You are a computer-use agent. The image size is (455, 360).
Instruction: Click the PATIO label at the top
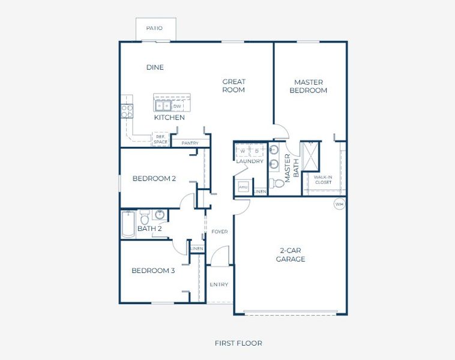coord(154,28)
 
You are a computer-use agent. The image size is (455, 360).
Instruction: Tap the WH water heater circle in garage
coord(339,203)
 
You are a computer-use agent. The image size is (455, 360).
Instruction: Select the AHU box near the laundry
coord(243,187)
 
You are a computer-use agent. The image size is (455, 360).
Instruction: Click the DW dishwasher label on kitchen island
coord(177,107)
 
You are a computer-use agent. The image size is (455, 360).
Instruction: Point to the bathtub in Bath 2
coord(128,224)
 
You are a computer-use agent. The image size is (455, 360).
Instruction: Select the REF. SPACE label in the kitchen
coord(160,139)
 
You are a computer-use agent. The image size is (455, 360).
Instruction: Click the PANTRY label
coord(190,143)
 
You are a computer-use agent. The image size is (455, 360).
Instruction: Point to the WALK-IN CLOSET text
coord(323,179)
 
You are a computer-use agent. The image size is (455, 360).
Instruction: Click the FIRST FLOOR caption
coord(238,343)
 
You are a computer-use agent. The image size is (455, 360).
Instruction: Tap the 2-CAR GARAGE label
coord(291,255)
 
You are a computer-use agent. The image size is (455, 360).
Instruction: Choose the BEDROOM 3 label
coord(153,271)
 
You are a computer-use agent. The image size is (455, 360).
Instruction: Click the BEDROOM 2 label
coord(154,178)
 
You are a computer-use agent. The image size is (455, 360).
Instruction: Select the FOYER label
coord(219,232)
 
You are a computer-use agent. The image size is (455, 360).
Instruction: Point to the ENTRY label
coord(219,284)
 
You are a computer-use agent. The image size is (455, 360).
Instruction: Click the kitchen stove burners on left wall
coord(127,111)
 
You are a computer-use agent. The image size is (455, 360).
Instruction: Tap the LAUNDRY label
coord(250,161)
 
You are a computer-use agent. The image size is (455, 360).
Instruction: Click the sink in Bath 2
coord(160,215)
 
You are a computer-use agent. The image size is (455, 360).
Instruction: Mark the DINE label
coord(155,67)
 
